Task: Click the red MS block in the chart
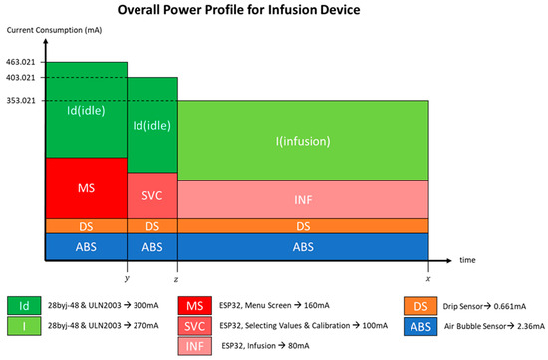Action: tap(86, 187)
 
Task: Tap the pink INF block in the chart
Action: tap(303, 200)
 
